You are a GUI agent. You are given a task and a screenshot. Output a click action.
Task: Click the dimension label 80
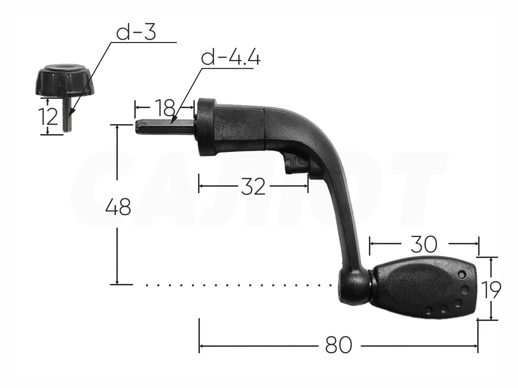(x=339, y=345)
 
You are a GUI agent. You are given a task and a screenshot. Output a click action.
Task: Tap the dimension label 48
(x=118, y=207)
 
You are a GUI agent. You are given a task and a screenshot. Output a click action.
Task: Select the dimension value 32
(x=253, y=186)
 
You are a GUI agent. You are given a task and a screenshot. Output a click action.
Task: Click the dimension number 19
(x=492, y=290)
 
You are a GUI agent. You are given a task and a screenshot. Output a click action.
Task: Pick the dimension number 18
(x=165, y=107)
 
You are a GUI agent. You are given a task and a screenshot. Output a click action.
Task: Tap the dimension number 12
(x=48, y=117)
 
